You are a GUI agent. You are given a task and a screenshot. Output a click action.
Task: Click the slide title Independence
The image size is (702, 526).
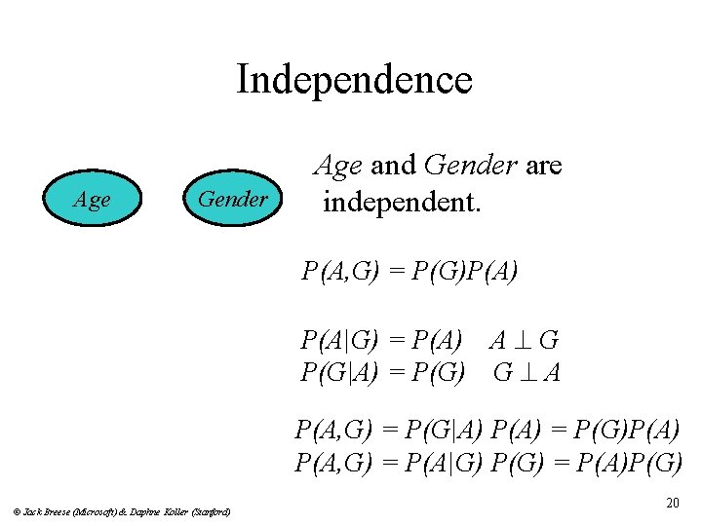[353, 79]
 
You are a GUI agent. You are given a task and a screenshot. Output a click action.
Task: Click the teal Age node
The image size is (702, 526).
[93, 200]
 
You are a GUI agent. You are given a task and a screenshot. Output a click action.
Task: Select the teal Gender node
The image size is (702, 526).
[232, 200]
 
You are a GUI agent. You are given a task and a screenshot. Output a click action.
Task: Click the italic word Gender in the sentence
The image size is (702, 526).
[470, 166]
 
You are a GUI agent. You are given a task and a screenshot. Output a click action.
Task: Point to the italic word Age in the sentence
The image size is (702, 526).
[336, 167]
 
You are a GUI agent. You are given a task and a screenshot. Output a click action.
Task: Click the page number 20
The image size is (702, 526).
[672, 503]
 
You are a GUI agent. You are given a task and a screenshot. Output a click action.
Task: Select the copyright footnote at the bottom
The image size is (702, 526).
[121, 510]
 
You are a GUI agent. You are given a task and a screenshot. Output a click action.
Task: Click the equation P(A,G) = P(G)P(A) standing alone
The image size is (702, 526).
[409, 272]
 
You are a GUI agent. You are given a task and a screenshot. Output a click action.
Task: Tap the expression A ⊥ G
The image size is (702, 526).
[524, 341]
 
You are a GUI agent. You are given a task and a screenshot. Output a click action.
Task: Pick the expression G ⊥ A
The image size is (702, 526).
[526, 372]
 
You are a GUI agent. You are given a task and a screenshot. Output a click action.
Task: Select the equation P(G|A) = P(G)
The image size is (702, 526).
[382, 372]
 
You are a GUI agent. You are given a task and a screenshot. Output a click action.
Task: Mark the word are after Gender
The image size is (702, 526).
[543, 166]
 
